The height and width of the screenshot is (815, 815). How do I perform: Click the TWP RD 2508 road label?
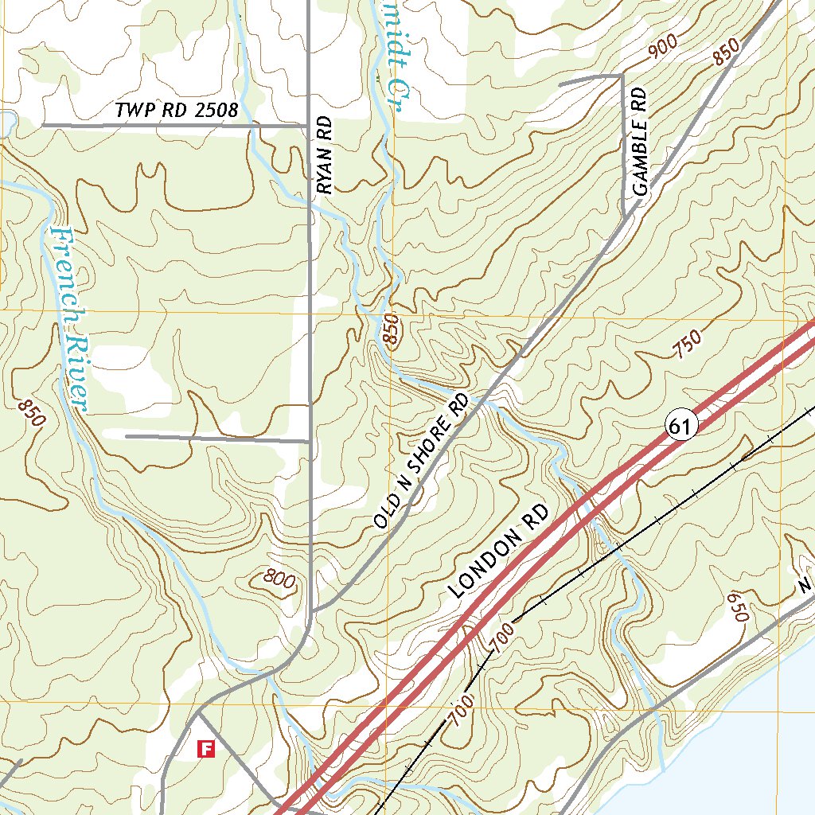coord(176,111)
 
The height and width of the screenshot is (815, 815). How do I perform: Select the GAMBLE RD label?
coord(641,142)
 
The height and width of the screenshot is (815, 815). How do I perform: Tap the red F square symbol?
coord(206,748)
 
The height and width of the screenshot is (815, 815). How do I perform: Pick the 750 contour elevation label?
coord(686,344)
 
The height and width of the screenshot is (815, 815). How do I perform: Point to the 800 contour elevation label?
coord(278,581)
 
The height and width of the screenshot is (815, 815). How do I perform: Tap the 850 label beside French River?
coord(29,411)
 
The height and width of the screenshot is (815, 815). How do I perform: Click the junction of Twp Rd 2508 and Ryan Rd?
coord(310,125)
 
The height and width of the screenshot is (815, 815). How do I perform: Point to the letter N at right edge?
coord(805,587)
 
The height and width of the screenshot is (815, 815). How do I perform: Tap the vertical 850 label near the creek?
coord(390,329)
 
